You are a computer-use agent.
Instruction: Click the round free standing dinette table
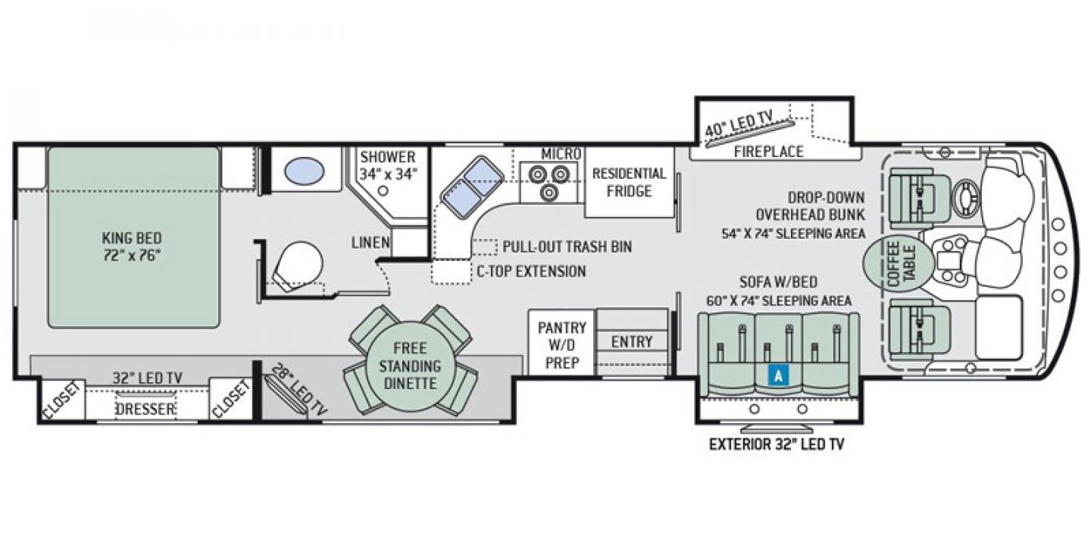(409, 365)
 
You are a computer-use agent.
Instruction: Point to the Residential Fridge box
(629, 182)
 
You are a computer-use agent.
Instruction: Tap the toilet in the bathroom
(297, 264)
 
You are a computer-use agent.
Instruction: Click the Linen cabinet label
(370, 243)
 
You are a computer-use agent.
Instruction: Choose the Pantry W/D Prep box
(562, 345)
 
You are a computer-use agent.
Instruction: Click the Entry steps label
(632, 342)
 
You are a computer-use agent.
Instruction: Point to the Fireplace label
(768, 152)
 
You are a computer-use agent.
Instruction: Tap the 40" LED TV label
(739, 121)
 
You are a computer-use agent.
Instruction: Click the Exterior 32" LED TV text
(776, 444)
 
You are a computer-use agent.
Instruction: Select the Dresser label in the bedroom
(145, 409)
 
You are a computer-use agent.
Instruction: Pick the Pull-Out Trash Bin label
(567, 247)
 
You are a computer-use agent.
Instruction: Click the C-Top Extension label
(530, 271)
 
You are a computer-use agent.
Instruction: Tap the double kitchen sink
(470, 186)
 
